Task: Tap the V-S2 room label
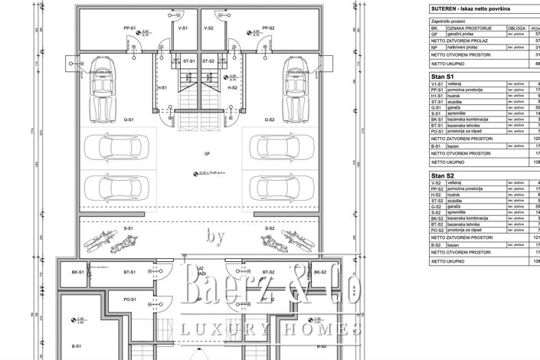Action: pyautogui.click(x=208, y=28)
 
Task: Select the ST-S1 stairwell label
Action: pyautogui.click(x=188, y=60)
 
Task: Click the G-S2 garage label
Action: pyautogui.click(x=269, y=120)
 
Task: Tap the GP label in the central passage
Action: pyautogui.click(x=206, y=152)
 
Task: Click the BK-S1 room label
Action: pyautogui.click(x=77, y=272)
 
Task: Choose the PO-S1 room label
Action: pyautogui.click(x=132, y=300)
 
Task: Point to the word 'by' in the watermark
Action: pyautogui.click(x=216, y=238)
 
